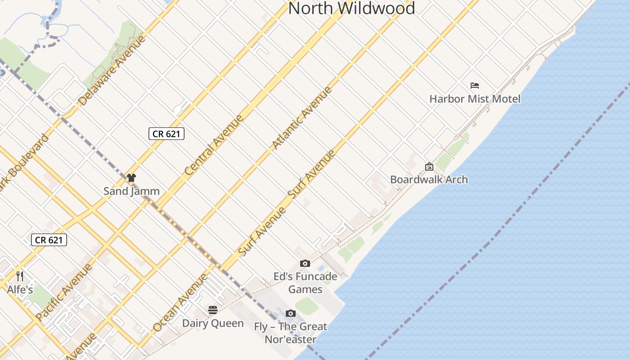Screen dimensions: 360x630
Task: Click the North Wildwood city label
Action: point(351,8)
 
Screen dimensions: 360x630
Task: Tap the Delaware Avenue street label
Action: point(112,71)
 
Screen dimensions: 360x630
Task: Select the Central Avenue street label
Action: point(214,145)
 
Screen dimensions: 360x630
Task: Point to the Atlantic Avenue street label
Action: point(302,117)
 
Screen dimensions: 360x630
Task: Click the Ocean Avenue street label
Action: point(180,302)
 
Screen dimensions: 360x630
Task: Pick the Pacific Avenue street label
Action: point(64,292)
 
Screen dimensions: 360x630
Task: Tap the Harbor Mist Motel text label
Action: point(475,99)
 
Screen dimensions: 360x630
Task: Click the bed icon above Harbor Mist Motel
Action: point(475,85)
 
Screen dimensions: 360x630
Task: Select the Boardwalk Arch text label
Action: point(429,180)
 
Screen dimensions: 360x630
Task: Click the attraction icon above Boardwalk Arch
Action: point(429,166)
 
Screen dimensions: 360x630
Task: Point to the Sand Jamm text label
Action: point(131,191)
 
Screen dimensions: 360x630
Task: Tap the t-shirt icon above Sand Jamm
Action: point(131,178)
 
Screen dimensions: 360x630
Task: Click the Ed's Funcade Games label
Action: point(305,283)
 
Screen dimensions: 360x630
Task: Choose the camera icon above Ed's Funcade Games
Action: point(305,263)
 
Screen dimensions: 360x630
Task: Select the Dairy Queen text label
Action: point(213,323)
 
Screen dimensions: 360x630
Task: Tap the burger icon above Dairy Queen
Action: point(213,310)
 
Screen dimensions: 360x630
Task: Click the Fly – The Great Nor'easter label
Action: point(291,333)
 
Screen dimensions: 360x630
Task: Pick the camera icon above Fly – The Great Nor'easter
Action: point(291,313)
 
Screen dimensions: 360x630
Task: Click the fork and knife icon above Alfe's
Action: point(19,276)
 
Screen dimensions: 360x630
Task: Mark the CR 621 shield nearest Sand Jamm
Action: point(166,134)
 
